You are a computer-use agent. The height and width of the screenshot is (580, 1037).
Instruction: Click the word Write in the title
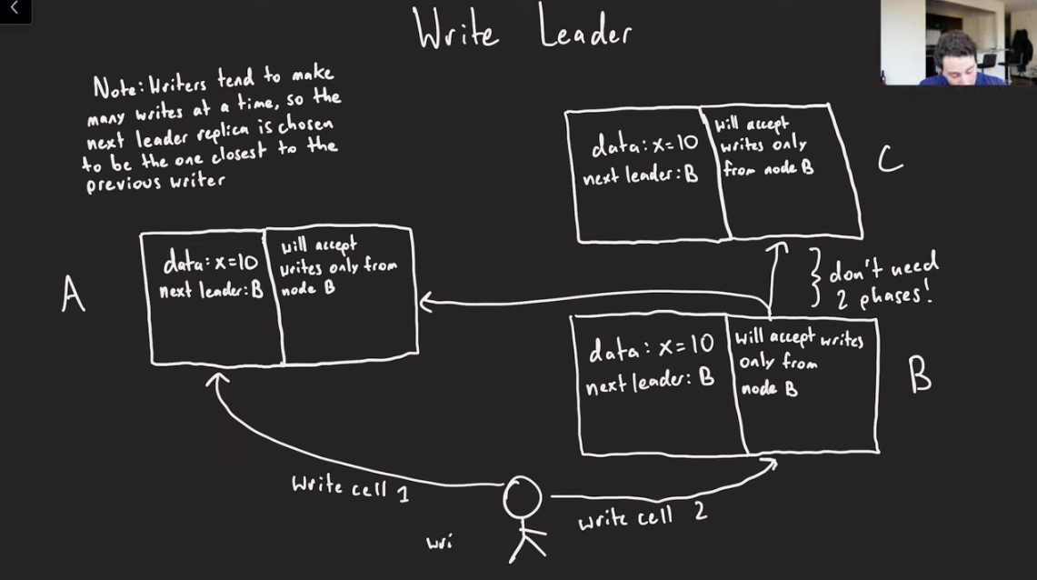pyautogui.click(x=456, y=29)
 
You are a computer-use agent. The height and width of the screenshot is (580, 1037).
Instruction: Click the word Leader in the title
pyautogui.click(x=584, y=29)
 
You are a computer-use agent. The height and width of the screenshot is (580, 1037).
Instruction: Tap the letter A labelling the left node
pyautogui.click(x=73, y=294)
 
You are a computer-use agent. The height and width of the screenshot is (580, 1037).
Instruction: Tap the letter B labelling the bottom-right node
pyautogui.click(x=919, y=375)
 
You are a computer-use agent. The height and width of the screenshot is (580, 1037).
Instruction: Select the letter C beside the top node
pyautogui.click(x=890, y=159)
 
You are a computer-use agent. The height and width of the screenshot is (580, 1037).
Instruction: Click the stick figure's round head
pyautogui.click(x=522, y=497)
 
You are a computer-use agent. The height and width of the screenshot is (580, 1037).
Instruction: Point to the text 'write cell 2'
pyautogui.click(x=643, y=515)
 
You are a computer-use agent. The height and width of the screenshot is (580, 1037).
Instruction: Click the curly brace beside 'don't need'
pyautogui.click(x=816, y=278)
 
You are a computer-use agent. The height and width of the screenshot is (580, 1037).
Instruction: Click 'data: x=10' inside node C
pyautogui.click(x=644, y=145)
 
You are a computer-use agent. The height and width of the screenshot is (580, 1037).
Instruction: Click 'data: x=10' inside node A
pyautogui.click(x=210, y=264)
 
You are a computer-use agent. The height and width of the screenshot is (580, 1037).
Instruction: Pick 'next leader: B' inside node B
pyautogui.click(x=650, y=382)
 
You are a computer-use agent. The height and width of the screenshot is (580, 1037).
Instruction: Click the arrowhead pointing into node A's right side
pyautogui.click(x=426, y=303)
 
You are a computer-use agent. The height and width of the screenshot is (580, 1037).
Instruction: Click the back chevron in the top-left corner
pyautogui.click(x=14, y=8)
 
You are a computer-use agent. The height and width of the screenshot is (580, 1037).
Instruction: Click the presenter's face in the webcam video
pyautogui.click(x=953, y=59)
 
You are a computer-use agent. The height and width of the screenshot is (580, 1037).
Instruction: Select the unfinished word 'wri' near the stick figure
pyautogui.click(x=439, y=543)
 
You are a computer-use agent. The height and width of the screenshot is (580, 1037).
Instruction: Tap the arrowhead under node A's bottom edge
pyautogui.click(x=217, y=380)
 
